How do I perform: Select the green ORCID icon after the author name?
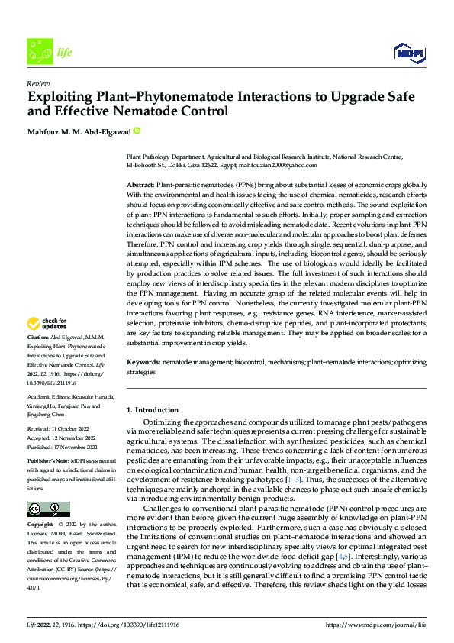click(137, 131)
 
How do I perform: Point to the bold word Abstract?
click(140, 186)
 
